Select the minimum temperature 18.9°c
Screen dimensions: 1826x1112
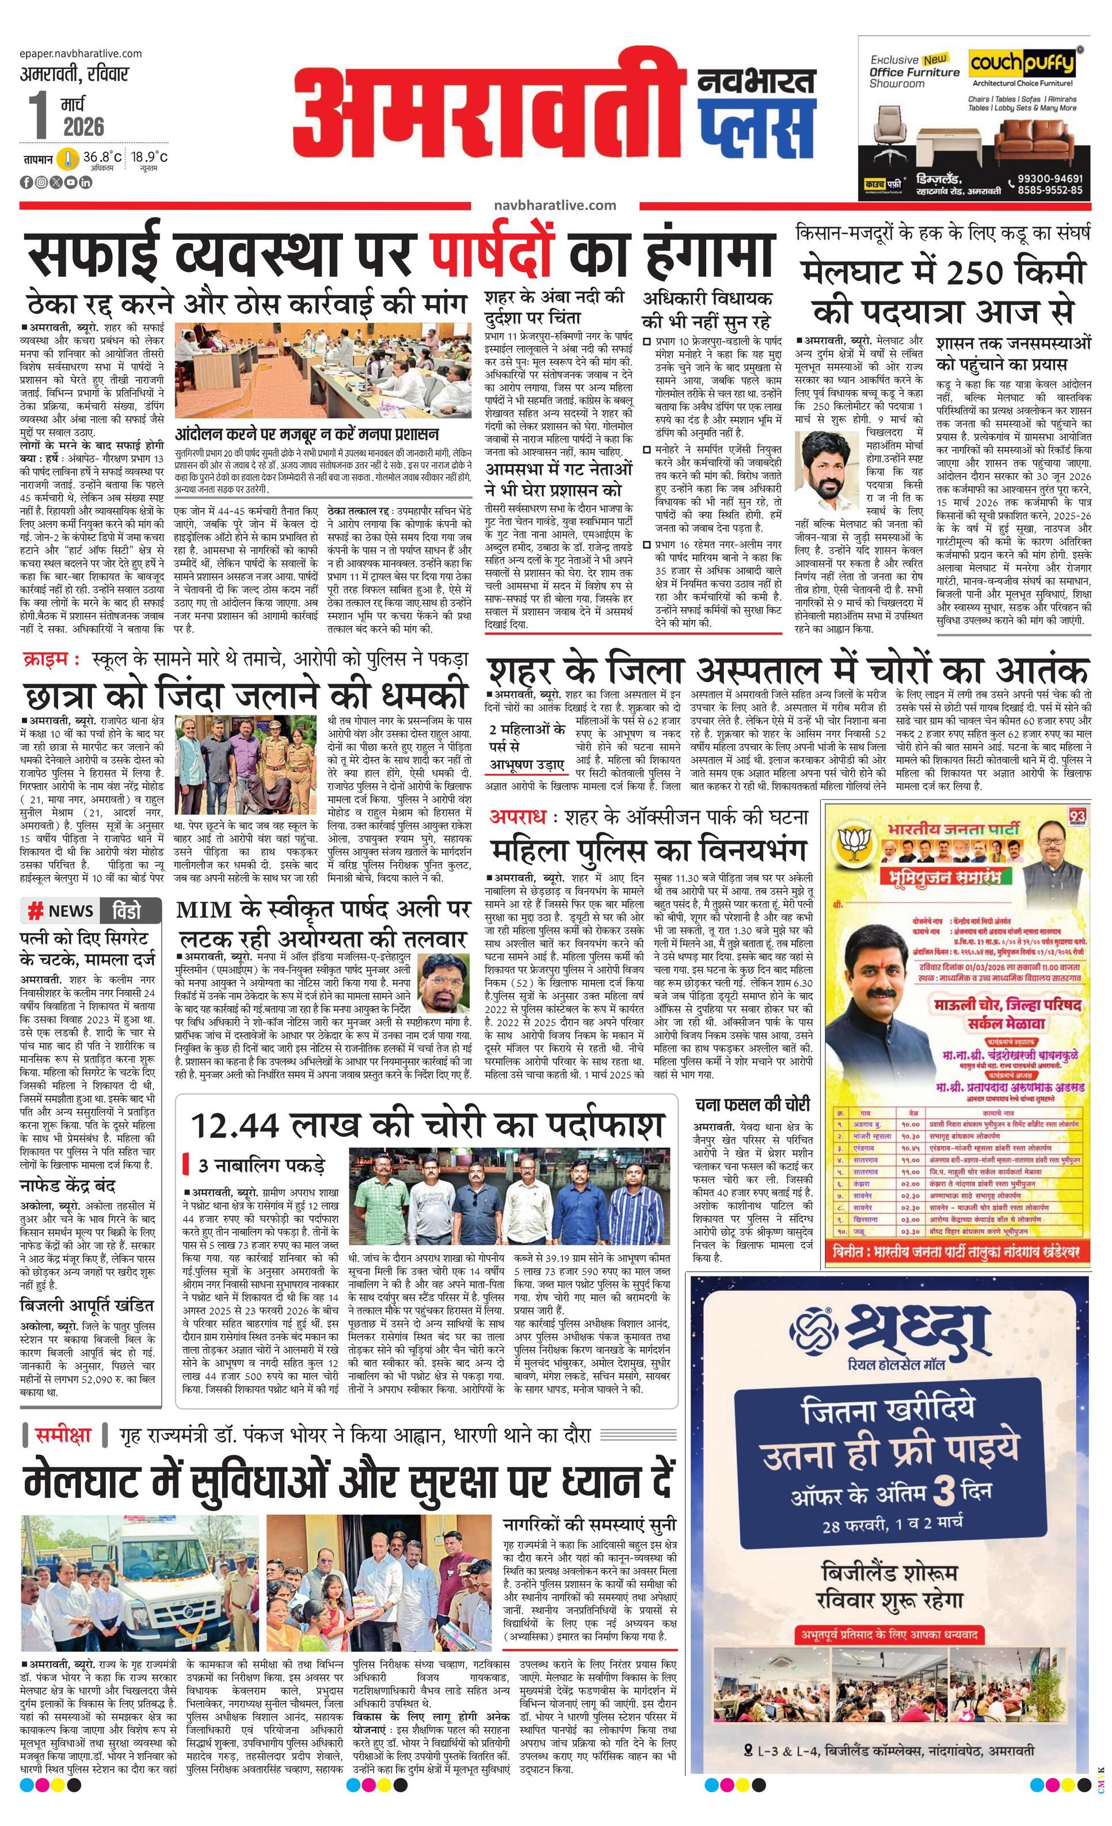coord(150,157)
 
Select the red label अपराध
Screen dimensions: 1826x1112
coord(517,817)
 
